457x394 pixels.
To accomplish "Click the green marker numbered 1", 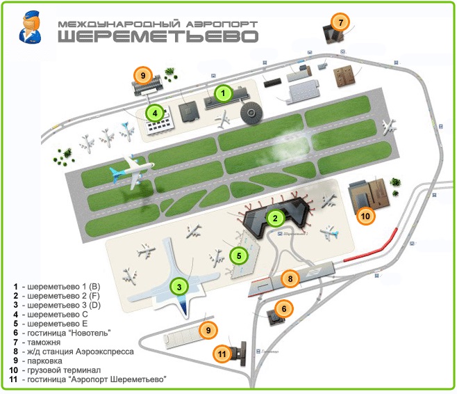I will (223, 92).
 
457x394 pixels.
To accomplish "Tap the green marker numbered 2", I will (275, 218).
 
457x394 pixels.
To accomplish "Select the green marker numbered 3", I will (179, 286).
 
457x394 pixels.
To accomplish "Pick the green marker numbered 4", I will (154, 111).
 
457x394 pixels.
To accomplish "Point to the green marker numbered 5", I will (238, 255).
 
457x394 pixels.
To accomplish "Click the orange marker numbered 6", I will (283, 308).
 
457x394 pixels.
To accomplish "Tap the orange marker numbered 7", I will (340, 22).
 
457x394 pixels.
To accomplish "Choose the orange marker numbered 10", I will (365, 215).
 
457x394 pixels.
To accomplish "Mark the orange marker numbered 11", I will (222, 354).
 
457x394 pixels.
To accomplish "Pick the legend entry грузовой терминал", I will (63, 370).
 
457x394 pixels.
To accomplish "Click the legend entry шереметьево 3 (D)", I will (63, 306).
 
